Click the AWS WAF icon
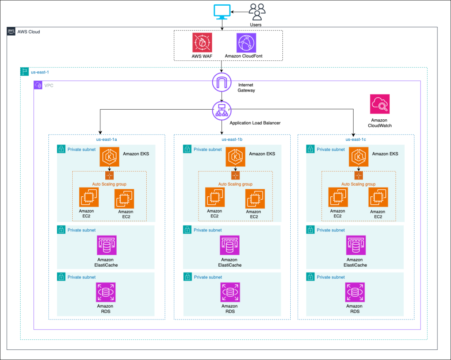click(202, 43)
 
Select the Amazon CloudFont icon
click(246, 43)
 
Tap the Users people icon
click(256, 11)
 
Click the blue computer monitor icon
click(222, 12)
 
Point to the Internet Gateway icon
click(222, 83)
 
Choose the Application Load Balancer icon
click(222, 110)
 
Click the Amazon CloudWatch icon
click(380, 104)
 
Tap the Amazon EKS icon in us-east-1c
click(359, 157)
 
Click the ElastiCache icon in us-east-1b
click(230, 246)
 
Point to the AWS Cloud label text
click(29, 32)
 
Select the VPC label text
click(48, 85)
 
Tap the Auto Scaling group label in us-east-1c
click(358, 184)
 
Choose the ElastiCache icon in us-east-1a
click(106, 246)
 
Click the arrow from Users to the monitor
click(240, 12)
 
